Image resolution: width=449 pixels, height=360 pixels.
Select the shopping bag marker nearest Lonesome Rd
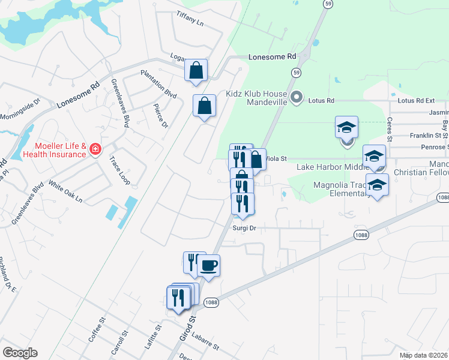pos(196,70)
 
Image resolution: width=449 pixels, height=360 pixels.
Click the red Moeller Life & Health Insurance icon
pos(95,150)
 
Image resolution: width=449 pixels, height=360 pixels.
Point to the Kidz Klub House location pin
pos(296,97)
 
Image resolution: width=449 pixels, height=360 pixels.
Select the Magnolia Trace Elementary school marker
pos(377,185)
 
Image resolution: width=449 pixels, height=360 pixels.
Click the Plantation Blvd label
pos(158,85)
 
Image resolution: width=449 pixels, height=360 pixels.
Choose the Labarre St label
pos(202,343)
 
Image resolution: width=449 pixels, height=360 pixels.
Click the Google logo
pos(20,353)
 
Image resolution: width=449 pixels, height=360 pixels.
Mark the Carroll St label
pos(122,343)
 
